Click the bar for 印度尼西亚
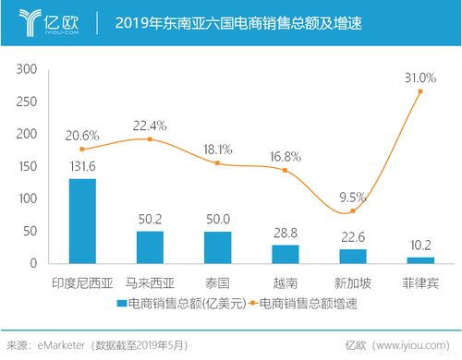coord(82,221)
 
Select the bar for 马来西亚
coord(150,246)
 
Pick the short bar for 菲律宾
coord(420,259)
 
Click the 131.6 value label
coord(82,167)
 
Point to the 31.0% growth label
coord(419,77)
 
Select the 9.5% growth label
coord(352,197)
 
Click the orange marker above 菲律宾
coord(420,91)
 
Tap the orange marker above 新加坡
coord(353,210)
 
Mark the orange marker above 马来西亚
coord(150,139)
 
